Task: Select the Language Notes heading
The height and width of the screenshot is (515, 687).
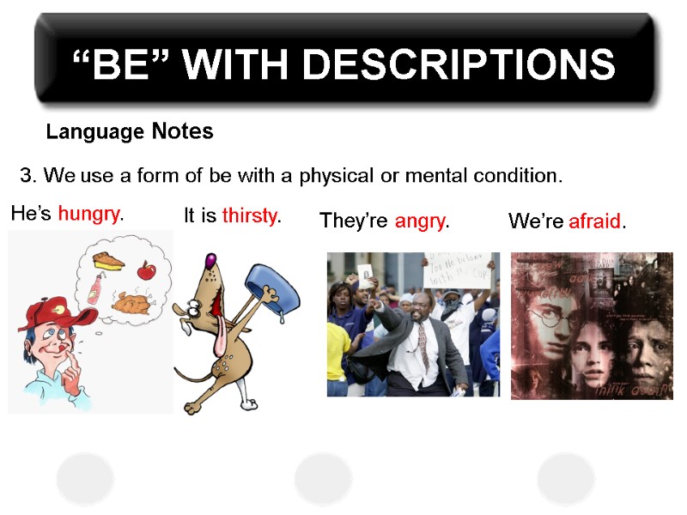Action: [x=130, y=132]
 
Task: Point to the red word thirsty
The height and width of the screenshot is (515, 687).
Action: [x=249, y=216]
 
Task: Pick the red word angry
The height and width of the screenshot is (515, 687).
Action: [x=420, y=221]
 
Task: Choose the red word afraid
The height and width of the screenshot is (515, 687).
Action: [x=594, y=221]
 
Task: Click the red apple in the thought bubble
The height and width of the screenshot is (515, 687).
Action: [x=146, y=270]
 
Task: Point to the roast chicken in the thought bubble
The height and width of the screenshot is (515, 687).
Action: [x=135, y=302]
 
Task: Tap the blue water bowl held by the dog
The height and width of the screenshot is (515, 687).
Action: [x=274, y=287]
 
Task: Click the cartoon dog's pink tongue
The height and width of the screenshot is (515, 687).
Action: [x=206, y=338]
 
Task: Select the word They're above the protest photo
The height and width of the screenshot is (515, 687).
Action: [x=355, y=221]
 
